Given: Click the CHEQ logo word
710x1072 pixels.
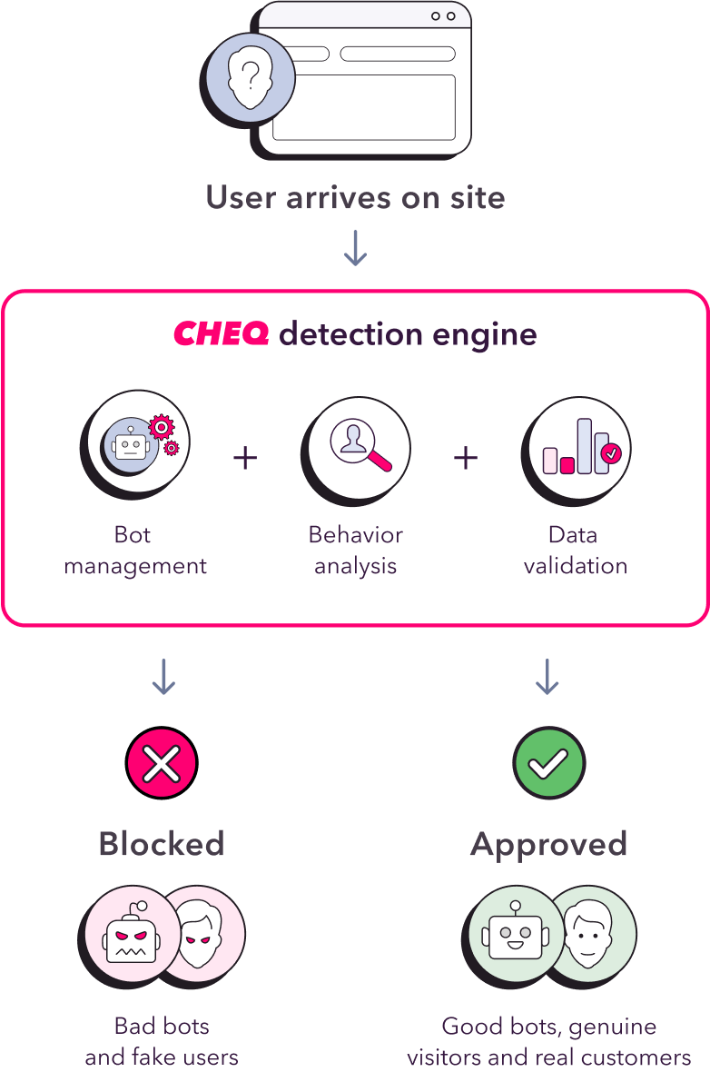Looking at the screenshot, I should point(221,334).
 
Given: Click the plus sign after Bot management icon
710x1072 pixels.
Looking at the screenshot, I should point(245,457).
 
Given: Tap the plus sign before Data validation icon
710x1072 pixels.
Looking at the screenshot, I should point(466,457).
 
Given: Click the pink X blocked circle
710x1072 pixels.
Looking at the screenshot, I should point(162,763).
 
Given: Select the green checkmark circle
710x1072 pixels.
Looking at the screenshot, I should point(548,763).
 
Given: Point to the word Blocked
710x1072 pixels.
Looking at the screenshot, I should point(162,844).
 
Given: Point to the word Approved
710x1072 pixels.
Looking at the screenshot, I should point(548,844).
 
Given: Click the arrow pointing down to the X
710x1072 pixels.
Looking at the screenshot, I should point(163,678).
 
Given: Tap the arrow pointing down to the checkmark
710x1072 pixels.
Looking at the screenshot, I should point(547,678).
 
